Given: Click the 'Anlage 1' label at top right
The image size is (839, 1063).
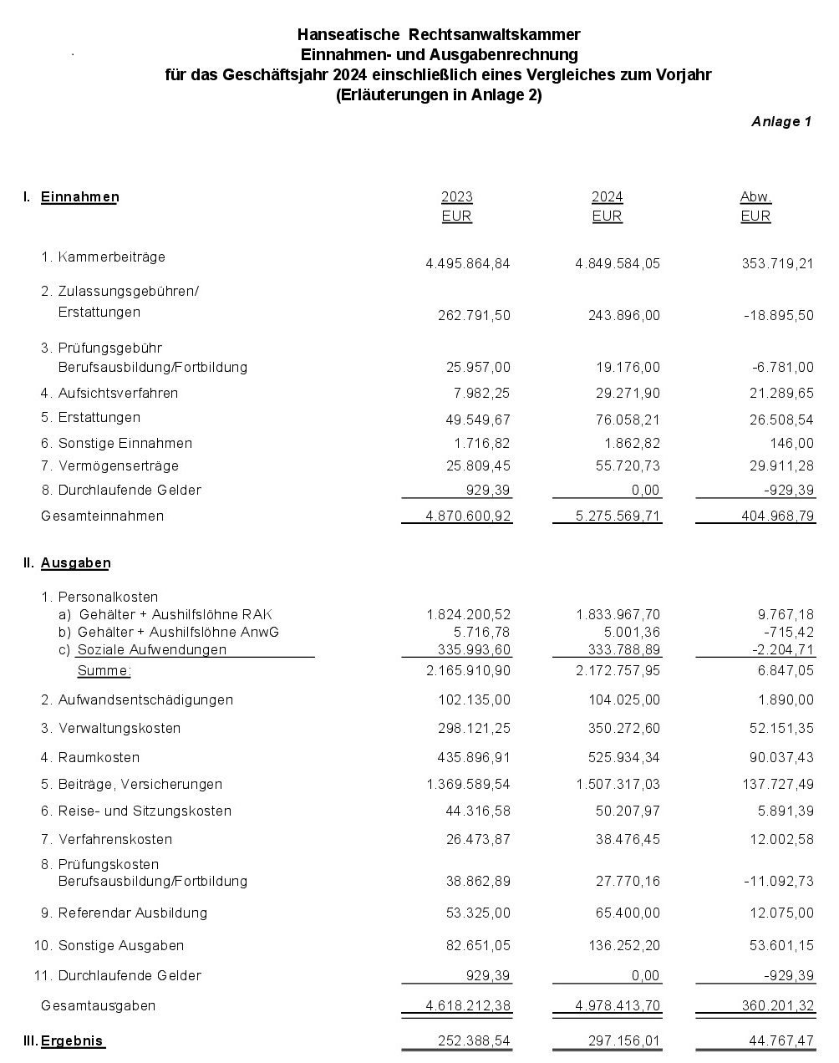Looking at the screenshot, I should (x=781, y=122).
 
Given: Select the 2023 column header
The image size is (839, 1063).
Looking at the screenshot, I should (x=456, y=197).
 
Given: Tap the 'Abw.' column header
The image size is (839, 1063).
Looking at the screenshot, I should (x=755, y=197).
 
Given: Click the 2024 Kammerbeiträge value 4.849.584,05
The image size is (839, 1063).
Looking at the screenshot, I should (x=618, y=264).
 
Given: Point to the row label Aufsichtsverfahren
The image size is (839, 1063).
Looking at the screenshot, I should (x=118, y=393).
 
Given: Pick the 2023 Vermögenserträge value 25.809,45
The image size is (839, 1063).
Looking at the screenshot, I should (x=478, y=466).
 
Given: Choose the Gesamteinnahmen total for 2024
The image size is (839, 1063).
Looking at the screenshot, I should (x=618, y=516).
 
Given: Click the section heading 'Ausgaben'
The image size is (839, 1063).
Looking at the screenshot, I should (x=75, y=563).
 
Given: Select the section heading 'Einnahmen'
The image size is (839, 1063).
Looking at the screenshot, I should (x=79, y=197).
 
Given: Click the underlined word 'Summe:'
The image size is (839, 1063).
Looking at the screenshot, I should (x=104, y=671).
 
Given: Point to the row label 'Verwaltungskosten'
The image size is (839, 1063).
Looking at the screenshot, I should (x=119, y=729).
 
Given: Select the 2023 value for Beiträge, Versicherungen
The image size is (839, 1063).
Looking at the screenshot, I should (x=468, y=785).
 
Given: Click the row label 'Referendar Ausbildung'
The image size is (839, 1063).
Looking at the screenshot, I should (x=132, y=913).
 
